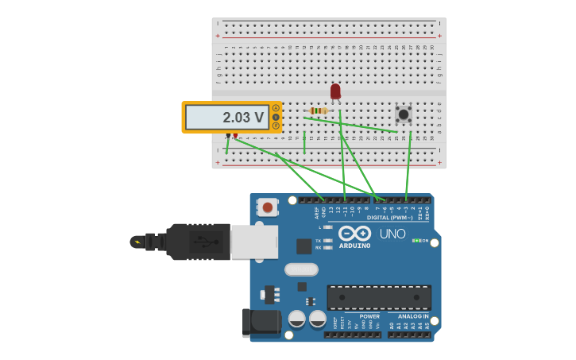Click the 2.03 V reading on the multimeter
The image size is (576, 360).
[242, 118]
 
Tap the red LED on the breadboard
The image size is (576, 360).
[335, 91]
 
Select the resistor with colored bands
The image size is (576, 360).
[319, 110]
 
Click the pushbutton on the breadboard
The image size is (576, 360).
[404, 114]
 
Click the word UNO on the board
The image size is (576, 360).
[392, 234]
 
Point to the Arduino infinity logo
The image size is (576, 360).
[354, 233]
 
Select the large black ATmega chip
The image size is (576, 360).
[379, 297]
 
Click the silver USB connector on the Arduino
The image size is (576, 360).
[254, 242]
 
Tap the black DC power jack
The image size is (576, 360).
[261, 323]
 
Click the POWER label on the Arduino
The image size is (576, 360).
[369, 316]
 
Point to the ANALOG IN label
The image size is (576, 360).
[413, 316]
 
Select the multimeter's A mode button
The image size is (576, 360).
[276, 108]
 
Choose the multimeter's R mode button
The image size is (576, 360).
[276, 126]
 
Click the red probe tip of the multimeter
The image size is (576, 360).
[235, 136]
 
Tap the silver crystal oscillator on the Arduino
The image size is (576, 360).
[301, 269]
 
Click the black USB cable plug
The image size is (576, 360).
[199, 242]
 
